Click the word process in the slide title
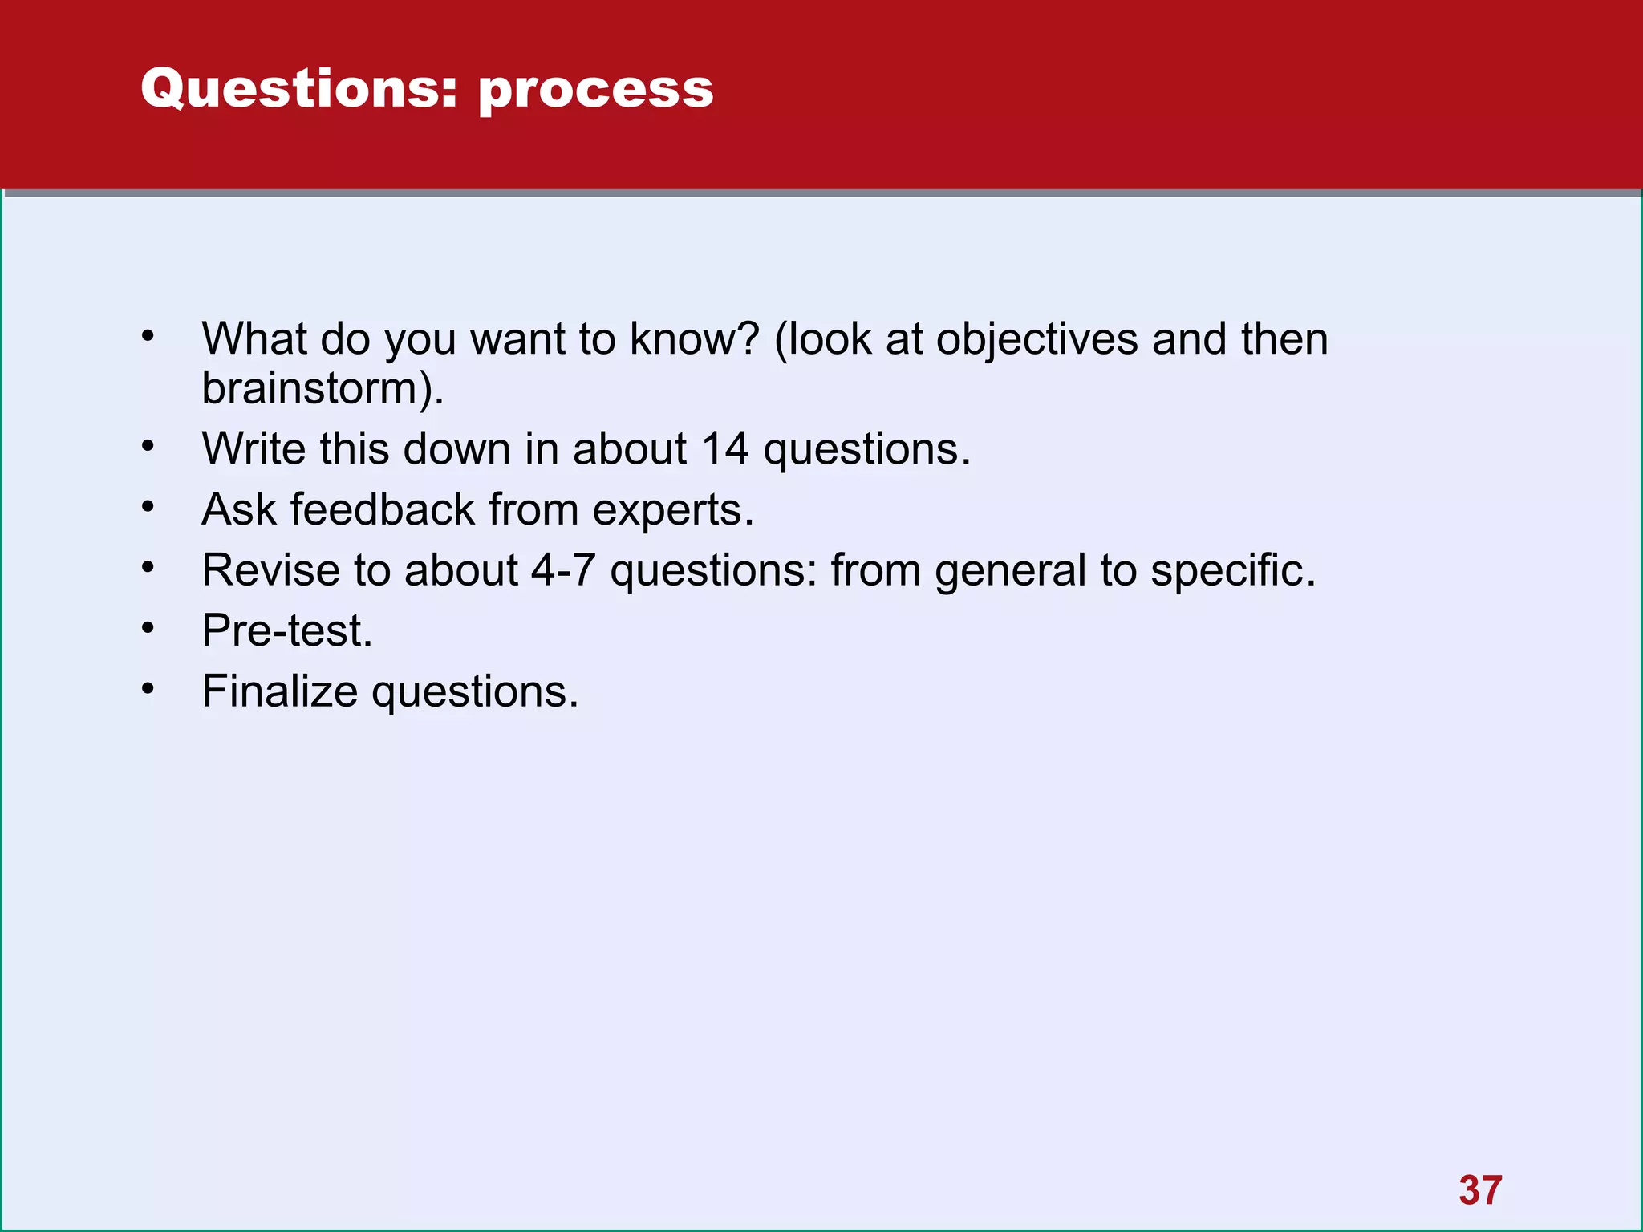tap(595, 90)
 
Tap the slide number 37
tap(1480, 1190)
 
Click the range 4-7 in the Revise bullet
tap(563, 570)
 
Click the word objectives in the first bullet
tap(1037, 339)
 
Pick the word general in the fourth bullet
tap(1010, 572)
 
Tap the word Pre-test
tap(286, 630)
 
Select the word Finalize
tap(279, 691)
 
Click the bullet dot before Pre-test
tap(148, 628)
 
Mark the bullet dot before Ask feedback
tap(148, 507)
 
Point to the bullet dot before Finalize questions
tap(148, 689)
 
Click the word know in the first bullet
tap(694, 339)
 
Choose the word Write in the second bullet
tap(254, 448)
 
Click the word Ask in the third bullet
tap(239, 509)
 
